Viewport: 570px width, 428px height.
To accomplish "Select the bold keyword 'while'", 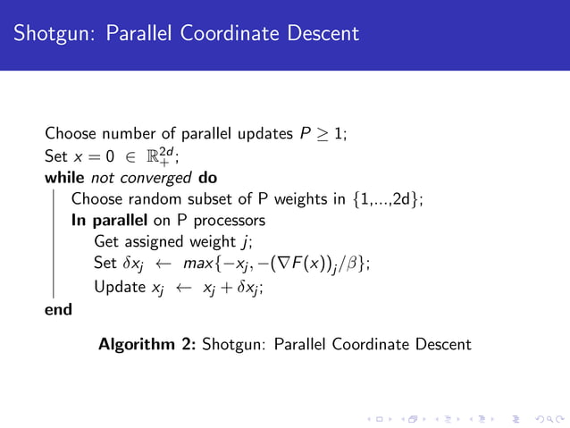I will tap(64, 177).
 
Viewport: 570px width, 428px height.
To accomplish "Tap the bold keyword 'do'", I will tap(207, 177).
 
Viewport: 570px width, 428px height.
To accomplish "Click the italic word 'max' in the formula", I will tap(197, 264).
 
